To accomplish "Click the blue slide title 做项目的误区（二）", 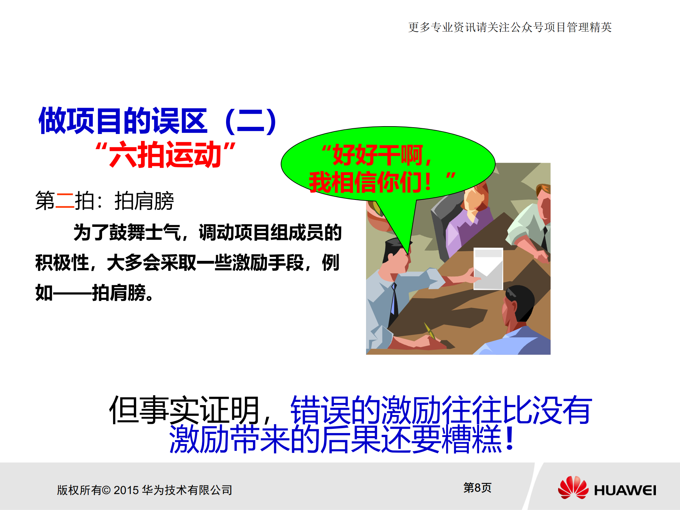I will tap(158, 121).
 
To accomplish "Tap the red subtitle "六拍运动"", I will tap(165, 155).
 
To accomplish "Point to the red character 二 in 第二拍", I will tap(65, 201).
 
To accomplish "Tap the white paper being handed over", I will tap(488, 268).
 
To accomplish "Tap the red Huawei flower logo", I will tap(573, 488).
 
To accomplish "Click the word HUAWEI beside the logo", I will tap(625, 491).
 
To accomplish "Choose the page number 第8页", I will tap(477, 488).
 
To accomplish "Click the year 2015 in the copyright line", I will tap(126, 490).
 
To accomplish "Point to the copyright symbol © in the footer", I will tap(106, 490).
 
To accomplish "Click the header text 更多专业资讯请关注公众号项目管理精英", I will tap(510, 27).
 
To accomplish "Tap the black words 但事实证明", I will tap(184, 410).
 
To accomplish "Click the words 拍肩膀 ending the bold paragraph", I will tap(119, 293).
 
